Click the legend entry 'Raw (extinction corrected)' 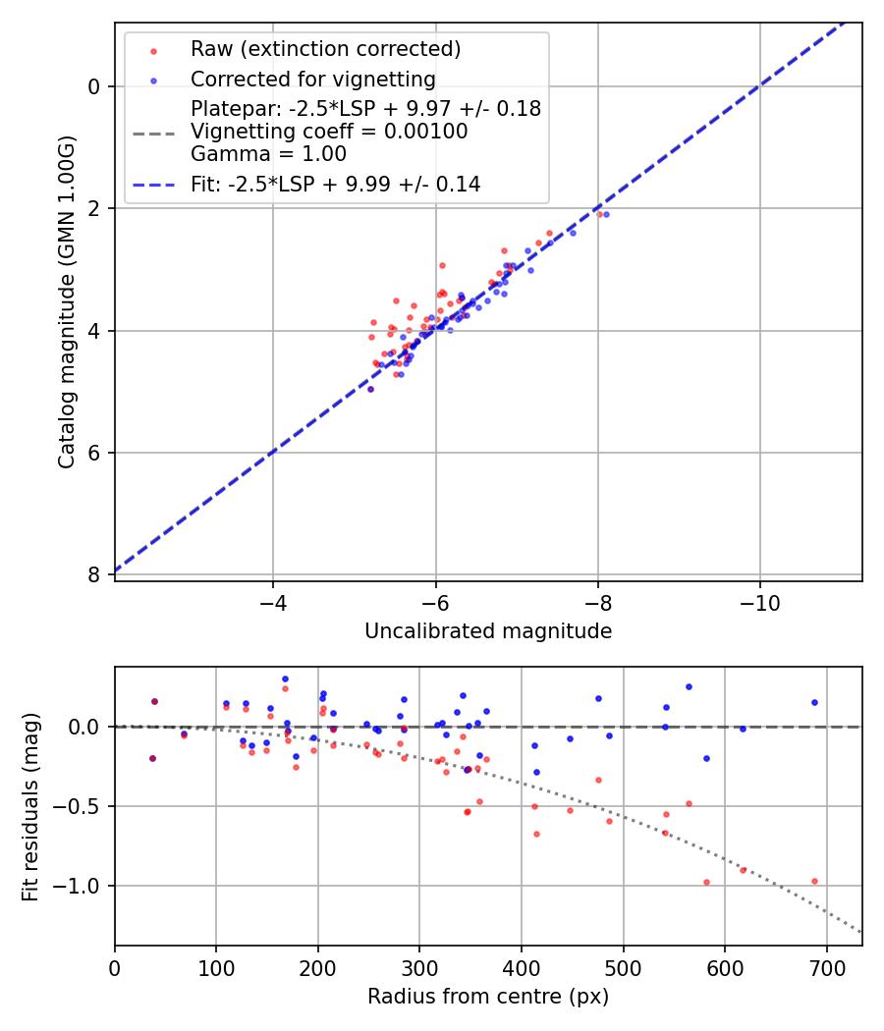tap(325, 49)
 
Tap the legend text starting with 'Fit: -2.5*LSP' tap(335, 184)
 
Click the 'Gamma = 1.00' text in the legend tap(268, 153)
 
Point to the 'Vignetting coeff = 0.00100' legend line tap(329, 132)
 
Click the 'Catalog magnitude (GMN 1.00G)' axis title tap(66, 302)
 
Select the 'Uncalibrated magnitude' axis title tap(488, 631)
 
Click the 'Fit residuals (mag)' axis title tap(30, 807)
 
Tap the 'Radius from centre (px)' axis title tap(488, 997)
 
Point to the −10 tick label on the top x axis tap(759, 602)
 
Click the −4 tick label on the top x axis tap(273, 602)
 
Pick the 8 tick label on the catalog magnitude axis tap(94, 574)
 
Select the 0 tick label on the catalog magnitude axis tap(94, 86)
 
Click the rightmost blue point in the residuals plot tap(814, 702)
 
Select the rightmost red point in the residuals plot tap(814, 881)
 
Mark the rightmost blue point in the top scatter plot tap(606, 214)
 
